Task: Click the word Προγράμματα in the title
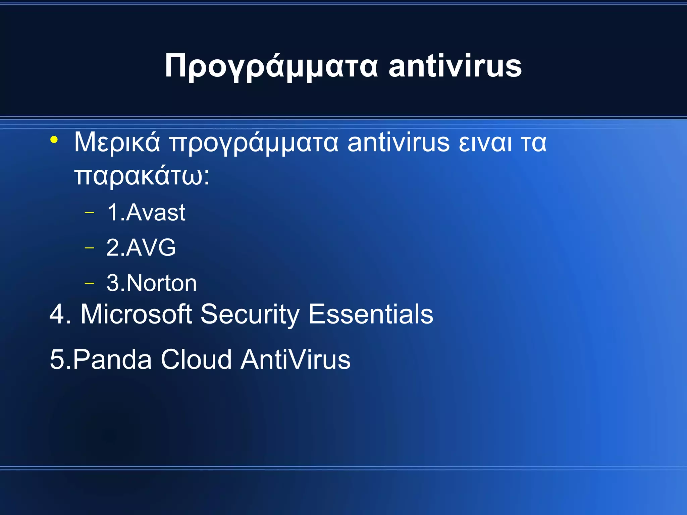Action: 271,66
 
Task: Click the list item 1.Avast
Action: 146,212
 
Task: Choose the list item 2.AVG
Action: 141,247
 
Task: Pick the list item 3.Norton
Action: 152,283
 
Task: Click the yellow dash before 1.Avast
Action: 90,213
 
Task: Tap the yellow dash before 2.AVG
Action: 90,248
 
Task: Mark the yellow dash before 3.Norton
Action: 90,283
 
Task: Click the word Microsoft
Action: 136,314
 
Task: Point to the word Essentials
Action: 371,314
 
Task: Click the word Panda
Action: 112,359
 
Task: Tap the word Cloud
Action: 196,359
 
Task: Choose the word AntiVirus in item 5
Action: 296,359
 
